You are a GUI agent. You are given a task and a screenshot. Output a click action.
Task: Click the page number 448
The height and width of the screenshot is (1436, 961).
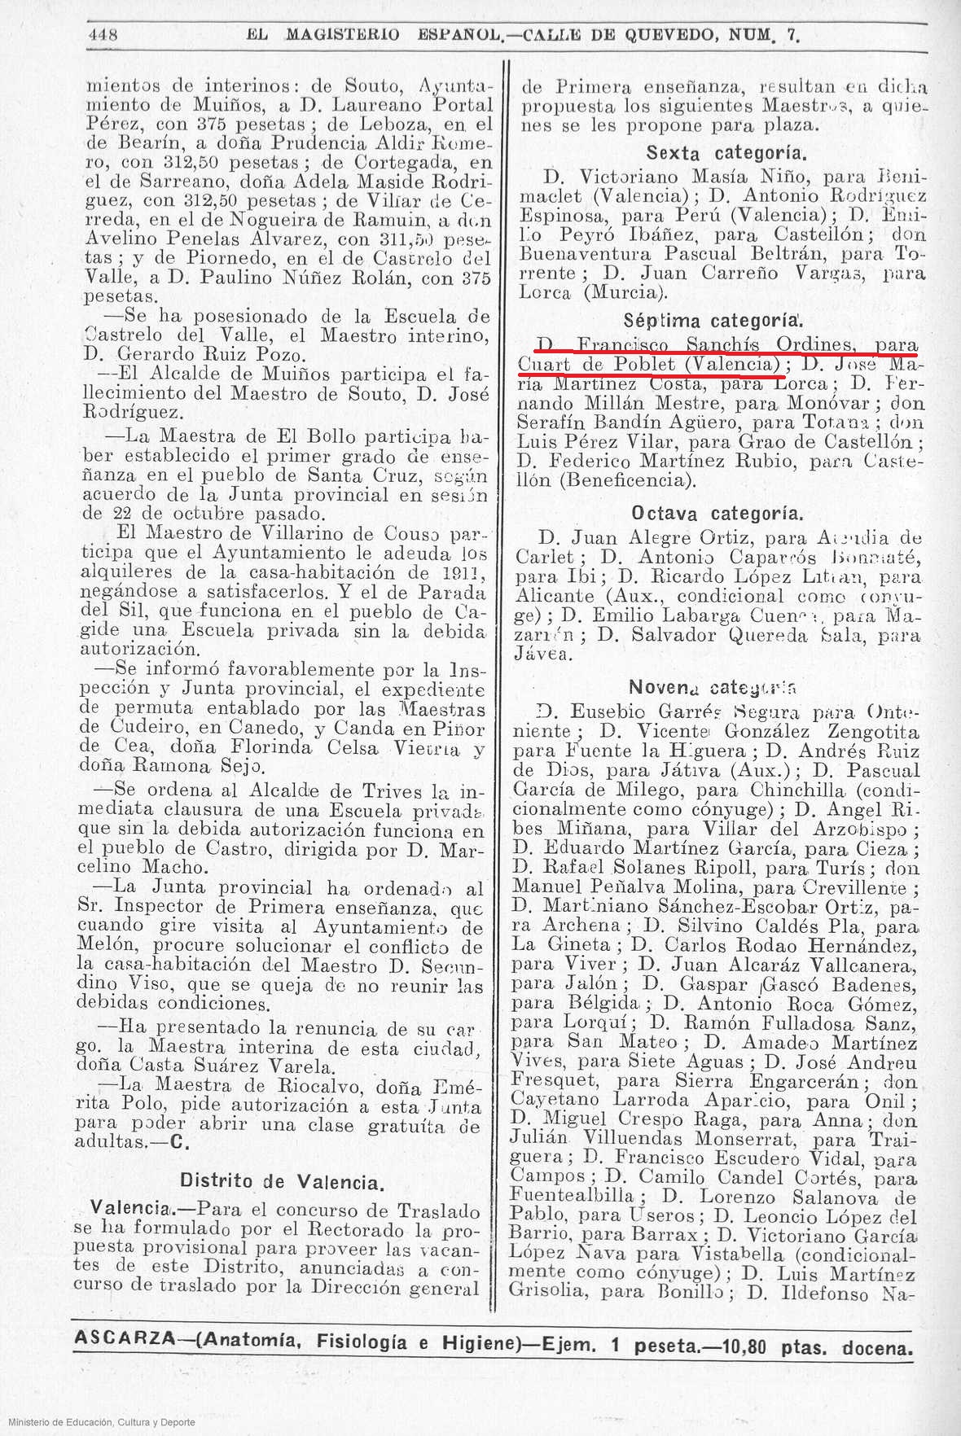(x=103, y=34)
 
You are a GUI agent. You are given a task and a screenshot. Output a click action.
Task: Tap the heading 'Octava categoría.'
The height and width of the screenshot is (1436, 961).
(x=717, y=514)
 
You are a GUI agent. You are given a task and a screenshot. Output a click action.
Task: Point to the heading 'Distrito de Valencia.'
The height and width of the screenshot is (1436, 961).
(x=282, y=1182)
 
